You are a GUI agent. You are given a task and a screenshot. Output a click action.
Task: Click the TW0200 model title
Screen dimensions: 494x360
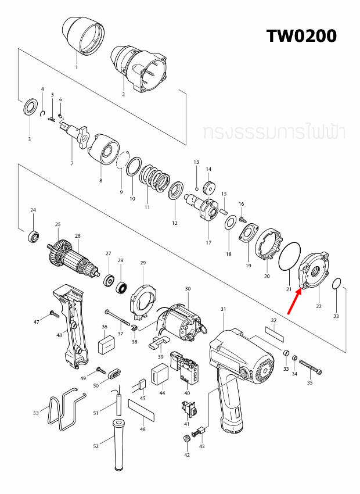tap(301, 36)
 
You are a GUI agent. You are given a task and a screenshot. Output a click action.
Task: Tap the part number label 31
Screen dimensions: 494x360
tap(223, 309)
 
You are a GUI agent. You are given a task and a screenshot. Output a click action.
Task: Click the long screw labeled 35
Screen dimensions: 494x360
tap(310, 368)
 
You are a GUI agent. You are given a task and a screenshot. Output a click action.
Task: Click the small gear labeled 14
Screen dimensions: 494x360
tap(210, 188)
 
